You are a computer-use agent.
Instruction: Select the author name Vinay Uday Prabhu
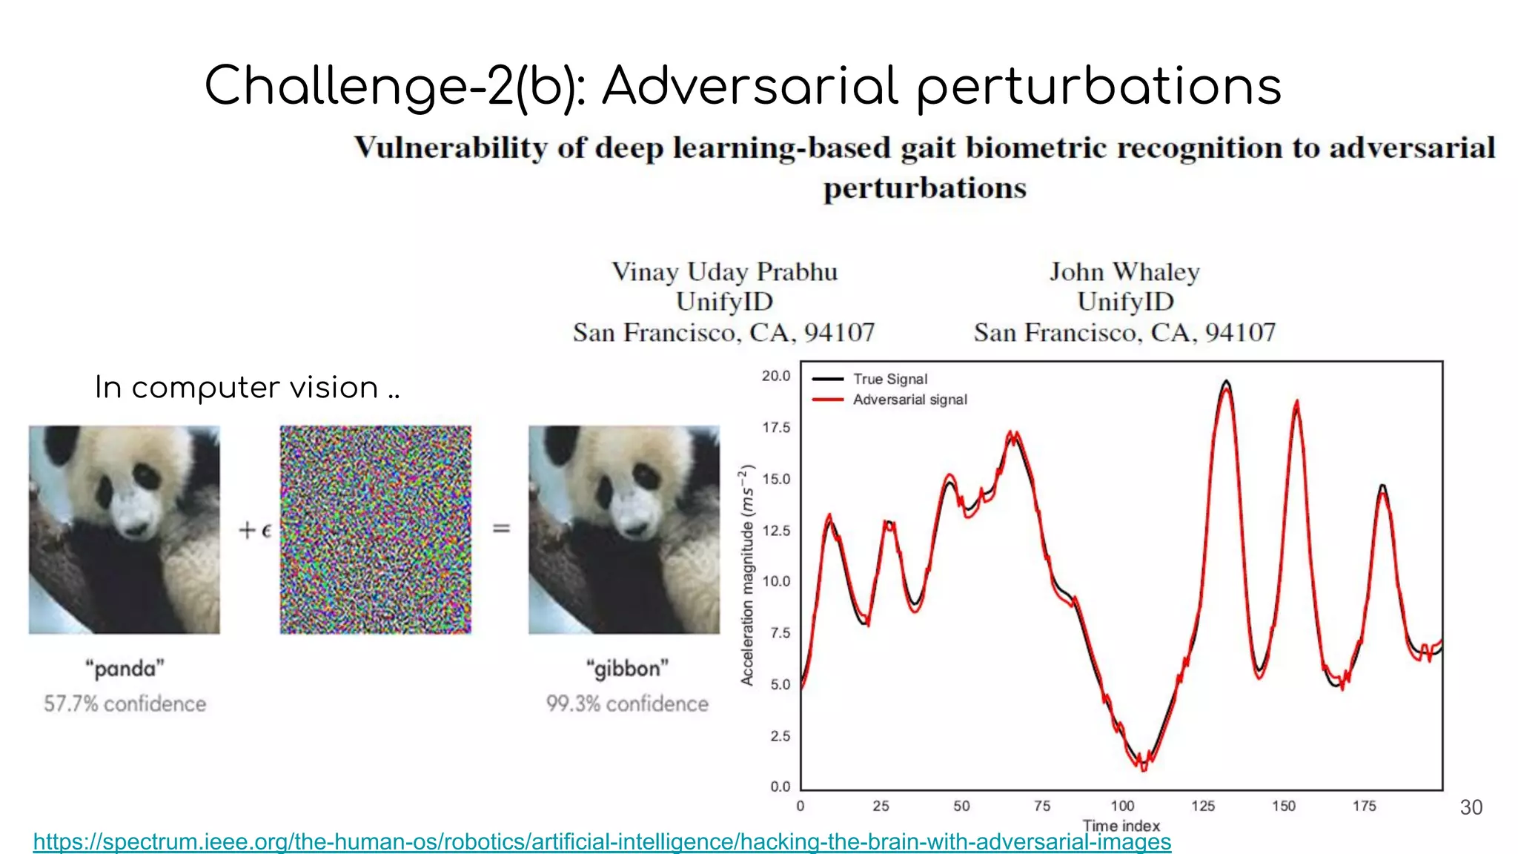pyautogui.click(x=724, y=272)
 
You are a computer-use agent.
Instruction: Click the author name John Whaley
pyautogui.click(x=1124, y=272)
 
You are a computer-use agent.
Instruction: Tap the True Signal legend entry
pyautogui.click(x=889, y=379)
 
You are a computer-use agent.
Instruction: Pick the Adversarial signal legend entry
pyautogui.click(x=909, y=400)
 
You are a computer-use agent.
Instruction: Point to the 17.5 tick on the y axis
pyautogui.click(x=775, y=428)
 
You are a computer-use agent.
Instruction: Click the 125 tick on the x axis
pyautogui.click(x=1202, y=806)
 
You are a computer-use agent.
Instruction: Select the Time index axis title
pyautogui.click(x=1121, y=825)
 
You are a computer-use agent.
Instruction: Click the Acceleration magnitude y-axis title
pyautogui.click(x=747, y=575)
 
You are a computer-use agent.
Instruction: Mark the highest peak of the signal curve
pyautogui.click(x=1226, y=383)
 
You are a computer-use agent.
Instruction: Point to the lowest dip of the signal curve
pyautogui.click(x=1144, y=768)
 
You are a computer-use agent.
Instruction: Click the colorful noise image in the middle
pyautogui.click(x=375, y=529)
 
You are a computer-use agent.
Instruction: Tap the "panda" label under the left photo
pyautogui.click(x=125, y=669)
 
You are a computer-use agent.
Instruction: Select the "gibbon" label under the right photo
pyautogui.click(x=627, y=669)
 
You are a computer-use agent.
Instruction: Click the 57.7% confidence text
pyautogui.click(x=125, y=704)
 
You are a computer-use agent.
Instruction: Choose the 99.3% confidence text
pyautogui.click(x=627, y=704)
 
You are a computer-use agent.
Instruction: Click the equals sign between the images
pyautogui.click(x=501, y=529)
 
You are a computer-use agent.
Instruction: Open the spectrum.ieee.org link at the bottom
pyautogui.click(x=602, y=842)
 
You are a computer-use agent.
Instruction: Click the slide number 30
pyautogui.click(x=1471, y=807)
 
